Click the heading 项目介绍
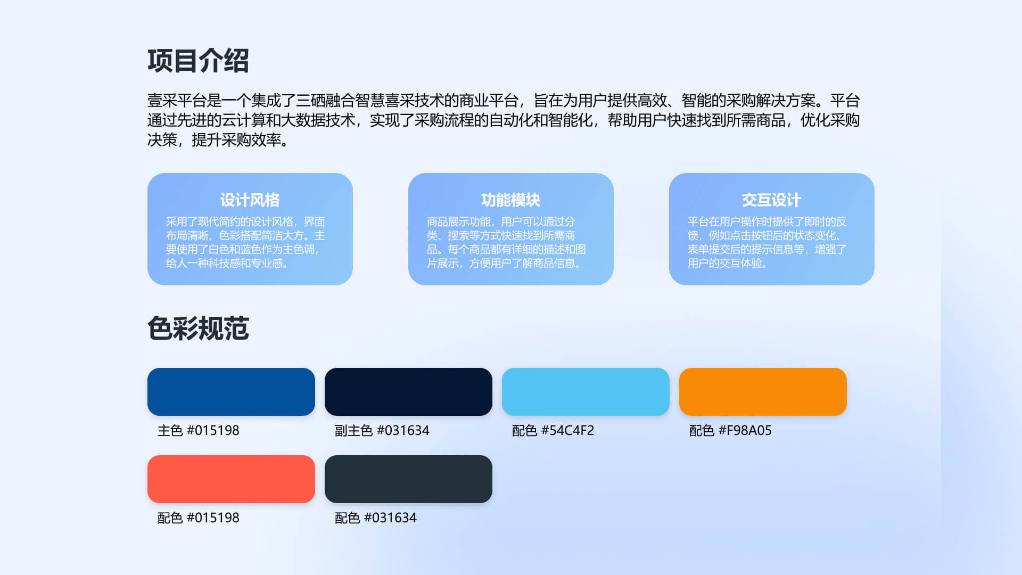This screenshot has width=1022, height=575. pyautogui.click(x=198, y=61)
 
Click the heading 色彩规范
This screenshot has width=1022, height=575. pyautogui.click(x=198, y=328)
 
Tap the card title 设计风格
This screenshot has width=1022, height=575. pyautogui.click(x=250, y=200)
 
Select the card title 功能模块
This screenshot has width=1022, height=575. pyautogui.click(x=511, y=200)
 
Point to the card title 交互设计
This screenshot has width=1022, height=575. pyautogui.click(x=772, y=200)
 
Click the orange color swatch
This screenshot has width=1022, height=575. pyautogui.click(x=763, y=392)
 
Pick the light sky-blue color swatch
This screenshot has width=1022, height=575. pyautogui.click(x=586, y=392)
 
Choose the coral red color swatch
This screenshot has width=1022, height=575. pyautogui.click(x=231, y=479)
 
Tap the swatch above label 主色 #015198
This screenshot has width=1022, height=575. pyautogui.click(x=231, y=392)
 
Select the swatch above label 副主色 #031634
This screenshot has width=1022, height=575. pyautogui.click(x=408, y=392)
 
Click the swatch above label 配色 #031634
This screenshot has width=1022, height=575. pyautogui.click(x=408, y=479)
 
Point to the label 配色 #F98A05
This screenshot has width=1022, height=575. pyautogui.click(x=730, y=430)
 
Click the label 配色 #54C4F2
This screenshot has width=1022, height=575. pyautogui.click(x=553, y=430)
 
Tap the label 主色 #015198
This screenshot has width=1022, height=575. pyautogui.click(x=199, y=430)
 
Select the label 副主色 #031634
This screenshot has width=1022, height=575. pyautogui.click(x=382, y=430)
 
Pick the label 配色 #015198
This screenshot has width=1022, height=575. pyautogui.click(x=199, y=517)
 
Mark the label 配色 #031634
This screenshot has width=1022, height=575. pyautogui.click(x=376, y=517)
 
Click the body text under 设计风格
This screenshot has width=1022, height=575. pyautogui.click(x=245, y=242)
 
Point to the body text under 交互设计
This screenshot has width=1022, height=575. pyautogui.click(x=767, y=242)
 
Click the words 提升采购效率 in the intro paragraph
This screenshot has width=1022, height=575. pyautogui.click(x=236, y=140)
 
